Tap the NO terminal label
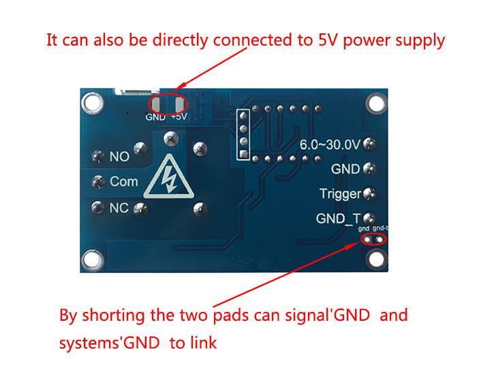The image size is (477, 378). pos(119,157)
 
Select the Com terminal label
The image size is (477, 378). pos(123,182)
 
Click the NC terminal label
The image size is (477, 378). pos(119,208)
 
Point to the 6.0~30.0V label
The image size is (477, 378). pos(330,144)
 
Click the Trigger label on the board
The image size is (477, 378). pos(340,194)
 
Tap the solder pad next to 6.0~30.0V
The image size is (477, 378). pos(370,144)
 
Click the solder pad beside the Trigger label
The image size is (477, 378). pos(370,194)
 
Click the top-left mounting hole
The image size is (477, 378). pos(91,103)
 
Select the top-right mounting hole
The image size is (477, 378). pos(375,103)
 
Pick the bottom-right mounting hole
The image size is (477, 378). pos(375,259)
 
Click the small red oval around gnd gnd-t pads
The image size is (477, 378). pos(374,238)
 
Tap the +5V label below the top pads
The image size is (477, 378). pos(179,117)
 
